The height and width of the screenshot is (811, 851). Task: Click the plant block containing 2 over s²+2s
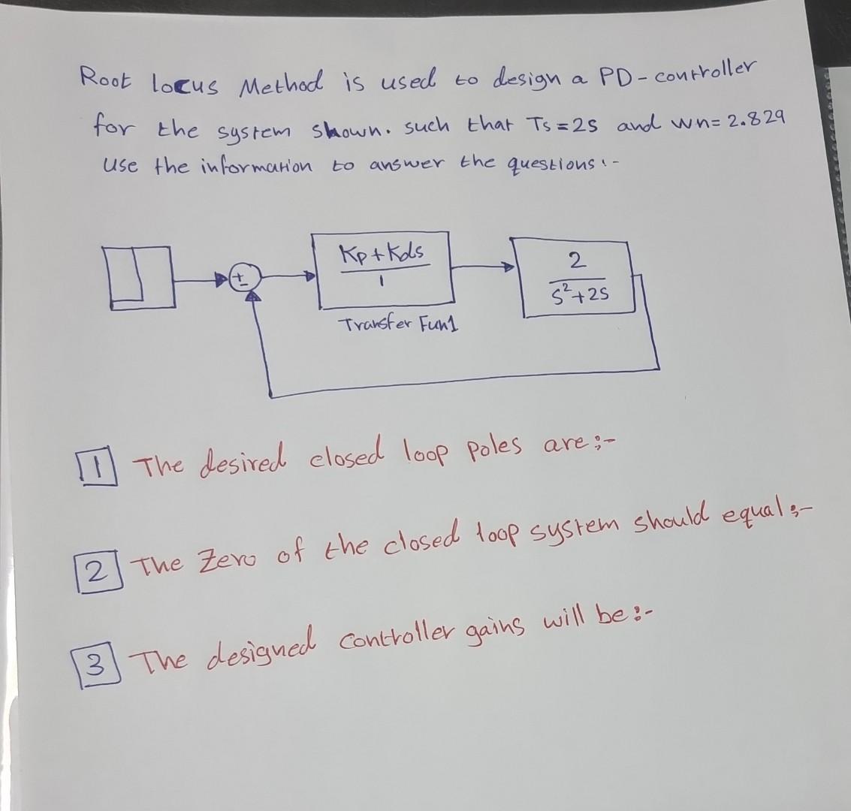pos(575,276)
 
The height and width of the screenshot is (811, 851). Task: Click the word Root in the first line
pos(105,77)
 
